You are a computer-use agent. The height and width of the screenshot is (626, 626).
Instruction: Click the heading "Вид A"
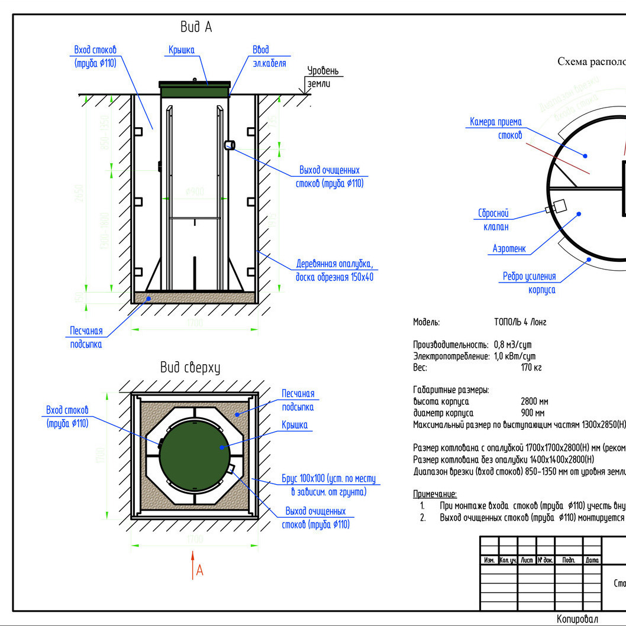(196, 27)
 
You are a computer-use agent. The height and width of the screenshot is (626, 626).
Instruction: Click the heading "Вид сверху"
(190, 367)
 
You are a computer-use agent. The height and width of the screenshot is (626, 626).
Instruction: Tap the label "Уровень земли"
(324, 77)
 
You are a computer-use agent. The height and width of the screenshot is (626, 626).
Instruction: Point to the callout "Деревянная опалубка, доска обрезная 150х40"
(334, 270)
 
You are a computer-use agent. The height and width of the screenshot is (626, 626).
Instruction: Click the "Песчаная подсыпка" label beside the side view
(86, 338)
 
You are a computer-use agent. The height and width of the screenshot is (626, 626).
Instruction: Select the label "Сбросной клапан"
(493, 220)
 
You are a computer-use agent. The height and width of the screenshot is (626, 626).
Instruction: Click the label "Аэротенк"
(509, 249)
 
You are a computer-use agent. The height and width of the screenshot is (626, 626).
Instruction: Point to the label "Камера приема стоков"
(496, 128)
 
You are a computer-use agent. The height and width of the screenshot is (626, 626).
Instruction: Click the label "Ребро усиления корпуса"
(530, 283)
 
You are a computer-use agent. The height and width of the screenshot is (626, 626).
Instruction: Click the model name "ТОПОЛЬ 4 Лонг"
(519, 322)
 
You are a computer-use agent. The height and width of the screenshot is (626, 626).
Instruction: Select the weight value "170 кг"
(531, 367)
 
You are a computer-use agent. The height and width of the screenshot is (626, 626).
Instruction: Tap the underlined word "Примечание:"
(434, 494)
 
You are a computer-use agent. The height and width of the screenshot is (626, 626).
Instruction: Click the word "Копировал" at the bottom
(577, 618)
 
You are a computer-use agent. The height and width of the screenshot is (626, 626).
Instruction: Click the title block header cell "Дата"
(592, 559)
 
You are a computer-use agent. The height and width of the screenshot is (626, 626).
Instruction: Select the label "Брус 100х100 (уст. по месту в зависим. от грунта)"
(328, 485)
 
